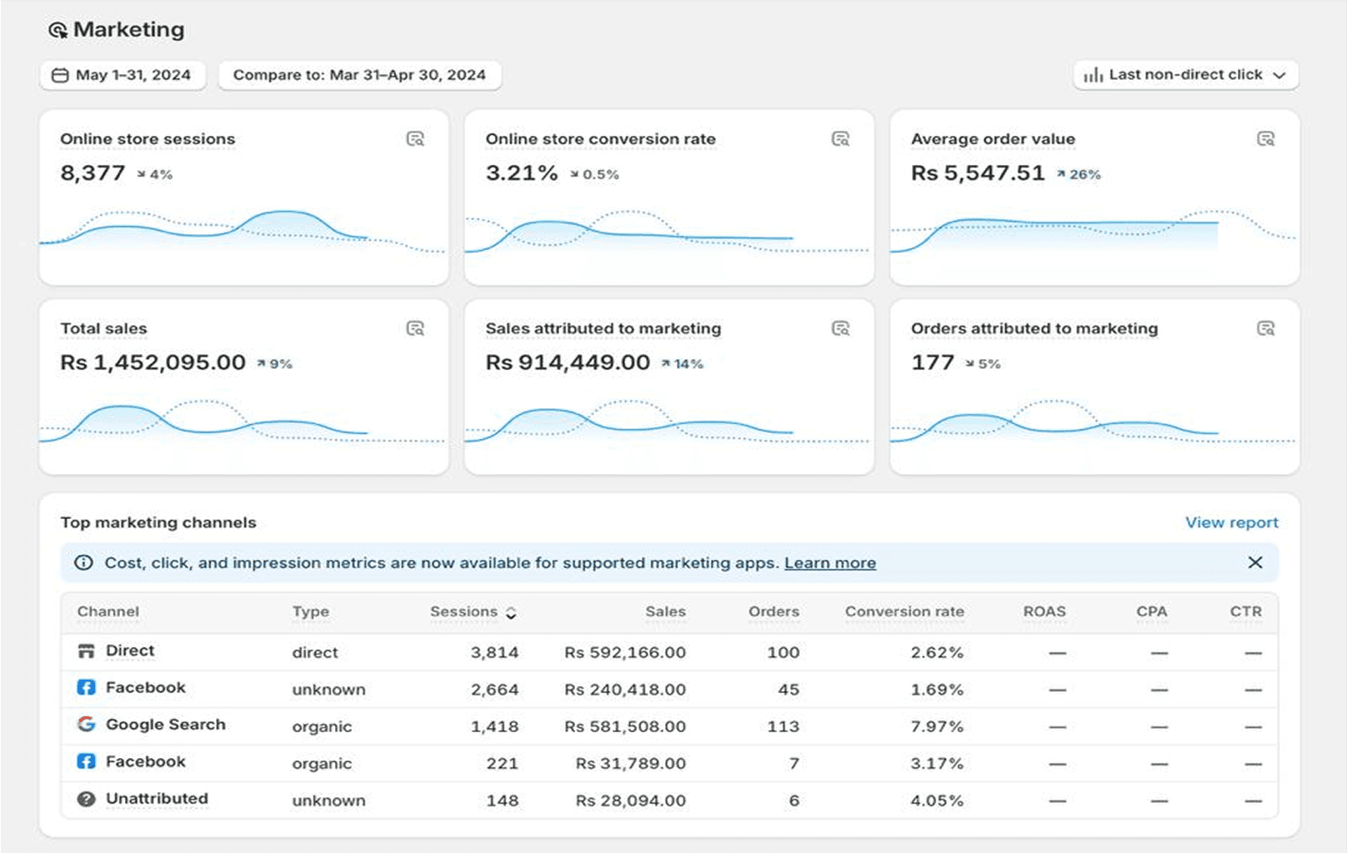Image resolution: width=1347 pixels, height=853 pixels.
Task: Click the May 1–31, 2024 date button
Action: click(x=123, y=75)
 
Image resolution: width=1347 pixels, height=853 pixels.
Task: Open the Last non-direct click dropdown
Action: click(x=1185, y=75)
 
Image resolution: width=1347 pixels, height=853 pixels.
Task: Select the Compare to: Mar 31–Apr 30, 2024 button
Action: click(x=359, y=75)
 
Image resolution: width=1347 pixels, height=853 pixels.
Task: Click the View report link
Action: click(x=1231, y=522)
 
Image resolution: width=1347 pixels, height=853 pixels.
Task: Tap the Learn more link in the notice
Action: click(x=829, y=563)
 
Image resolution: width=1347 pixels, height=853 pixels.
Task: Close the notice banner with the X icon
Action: click(x=1254, y=563)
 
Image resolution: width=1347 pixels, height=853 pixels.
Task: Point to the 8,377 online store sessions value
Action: click(x=93, y=173)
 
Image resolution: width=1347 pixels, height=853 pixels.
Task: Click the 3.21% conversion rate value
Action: click(x=522, y=173)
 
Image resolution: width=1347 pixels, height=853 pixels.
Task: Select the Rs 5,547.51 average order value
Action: click(x=978, y=173)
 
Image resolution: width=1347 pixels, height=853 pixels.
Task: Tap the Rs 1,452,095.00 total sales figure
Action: click(x=153, y=362)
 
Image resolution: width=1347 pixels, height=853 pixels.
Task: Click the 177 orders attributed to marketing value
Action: click(x=932, y=362)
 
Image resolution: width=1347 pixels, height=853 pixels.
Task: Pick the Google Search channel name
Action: click(x=165, y=725)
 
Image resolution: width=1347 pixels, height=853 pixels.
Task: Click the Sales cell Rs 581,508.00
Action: click(x=625, y=726)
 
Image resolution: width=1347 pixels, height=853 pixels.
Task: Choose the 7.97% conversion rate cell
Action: click(x=936, y=726)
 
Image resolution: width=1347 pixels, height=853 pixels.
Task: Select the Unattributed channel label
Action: click(x=157, y=799)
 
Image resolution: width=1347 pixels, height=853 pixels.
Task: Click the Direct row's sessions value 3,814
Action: click(x=494, y=652)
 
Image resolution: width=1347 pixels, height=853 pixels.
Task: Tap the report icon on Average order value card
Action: click(x=1265, y=139)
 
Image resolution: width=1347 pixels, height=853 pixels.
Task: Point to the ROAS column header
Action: click(x=1044, y=611)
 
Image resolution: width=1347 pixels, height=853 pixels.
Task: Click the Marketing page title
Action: click(x=128, y=30)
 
